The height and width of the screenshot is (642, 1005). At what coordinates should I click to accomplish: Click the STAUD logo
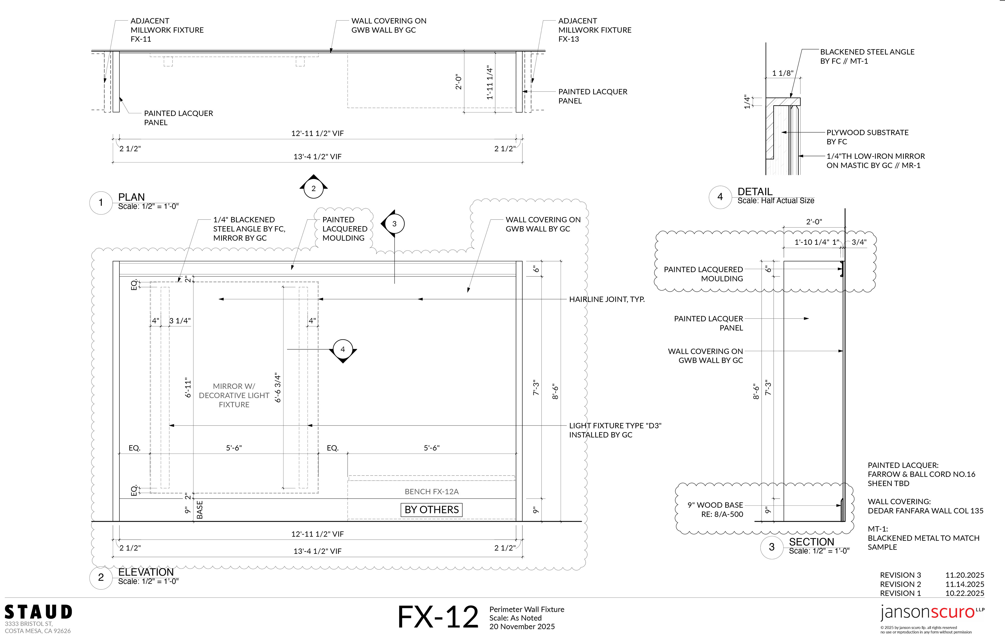pyautogui.click(x=38, y=612)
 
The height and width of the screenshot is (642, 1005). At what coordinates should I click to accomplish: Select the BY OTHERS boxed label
pyautogui.click(x=432, y=510)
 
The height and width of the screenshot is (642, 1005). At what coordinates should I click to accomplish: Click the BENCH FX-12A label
pyautogui.click(x=432, y=492)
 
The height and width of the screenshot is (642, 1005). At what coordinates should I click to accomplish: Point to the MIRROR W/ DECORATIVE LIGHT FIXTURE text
pyautogui.click(x=234, y=395)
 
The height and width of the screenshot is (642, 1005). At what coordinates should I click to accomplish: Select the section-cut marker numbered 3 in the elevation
pyautogui.click(x=394, y=224)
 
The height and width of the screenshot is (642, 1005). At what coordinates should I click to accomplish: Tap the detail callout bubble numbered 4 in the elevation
pyautogui.click(x=343, y=350)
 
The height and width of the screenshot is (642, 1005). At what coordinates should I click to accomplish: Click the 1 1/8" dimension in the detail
pyautogui.click(x=783, y=73)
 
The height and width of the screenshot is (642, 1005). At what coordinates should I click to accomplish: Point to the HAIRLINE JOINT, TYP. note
pyautogui.click(x=607, y=299)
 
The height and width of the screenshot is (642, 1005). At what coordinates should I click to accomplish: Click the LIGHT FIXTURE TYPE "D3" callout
pyautogui.click(x=615, y=430)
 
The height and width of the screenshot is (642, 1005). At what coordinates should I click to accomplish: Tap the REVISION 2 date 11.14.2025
pyautogui.click(x=964, y=584)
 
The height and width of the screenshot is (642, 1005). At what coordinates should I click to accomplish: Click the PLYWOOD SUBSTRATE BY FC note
pyautogui.click(x=867, y=137)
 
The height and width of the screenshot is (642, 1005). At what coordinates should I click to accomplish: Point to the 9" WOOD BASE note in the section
pyautogui.click(x=715, y=510)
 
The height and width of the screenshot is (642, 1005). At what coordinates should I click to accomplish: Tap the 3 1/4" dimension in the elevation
pyautogui.click(x=180, y=321)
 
